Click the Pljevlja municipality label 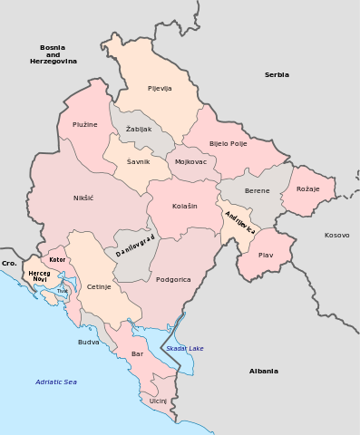[160, 88]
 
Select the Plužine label [84, 123]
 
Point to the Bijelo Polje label [228, 143]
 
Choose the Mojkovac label [190, 162]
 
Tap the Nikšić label [83, 198]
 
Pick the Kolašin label [184, 207]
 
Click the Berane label [258, 192]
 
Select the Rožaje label [308, 188]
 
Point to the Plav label [266, 256]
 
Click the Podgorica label [173, 279]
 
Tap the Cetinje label [99, 286]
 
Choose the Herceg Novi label [39, 275]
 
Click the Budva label [89, 342]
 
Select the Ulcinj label [159, 400]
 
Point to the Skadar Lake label [185, 349]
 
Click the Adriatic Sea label [56, 382]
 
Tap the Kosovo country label [336, 235]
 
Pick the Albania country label [263, 371]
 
